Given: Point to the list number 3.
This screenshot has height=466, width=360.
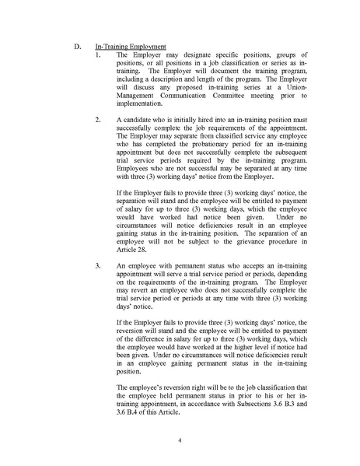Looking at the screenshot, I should [x=97, y=266].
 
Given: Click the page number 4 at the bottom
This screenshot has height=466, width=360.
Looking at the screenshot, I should [x=179, y=440].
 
